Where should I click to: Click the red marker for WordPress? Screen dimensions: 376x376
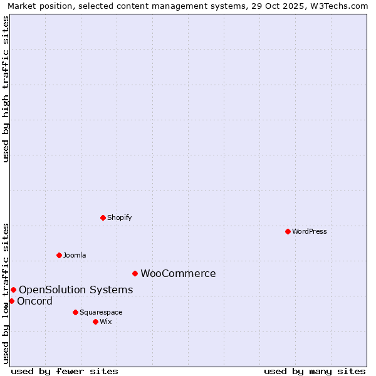288,231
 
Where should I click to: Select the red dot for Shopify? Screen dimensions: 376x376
103,217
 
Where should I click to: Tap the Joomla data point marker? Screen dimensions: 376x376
59,255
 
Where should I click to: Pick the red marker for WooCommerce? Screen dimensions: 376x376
135,273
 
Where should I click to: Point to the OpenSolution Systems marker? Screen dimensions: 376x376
13,290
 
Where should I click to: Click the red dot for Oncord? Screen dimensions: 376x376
11,301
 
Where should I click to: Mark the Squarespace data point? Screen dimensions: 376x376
75,312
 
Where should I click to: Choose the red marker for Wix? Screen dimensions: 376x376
95,321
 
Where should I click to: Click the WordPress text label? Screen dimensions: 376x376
310,231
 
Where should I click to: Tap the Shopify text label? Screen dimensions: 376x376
119,217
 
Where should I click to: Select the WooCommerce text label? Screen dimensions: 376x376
178,273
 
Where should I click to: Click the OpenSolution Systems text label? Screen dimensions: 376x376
76,290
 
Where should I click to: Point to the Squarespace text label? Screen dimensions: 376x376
101,312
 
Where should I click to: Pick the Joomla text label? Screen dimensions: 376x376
75,255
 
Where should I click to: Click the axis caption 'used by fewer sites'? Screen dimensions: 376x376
65,371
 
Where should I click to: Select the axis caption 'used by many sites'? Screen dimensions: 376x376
315,371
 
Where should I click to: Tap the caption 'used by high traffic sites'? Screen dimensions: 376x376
6,89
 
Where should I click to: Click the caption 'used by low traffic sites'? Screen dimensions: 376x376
6,293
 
